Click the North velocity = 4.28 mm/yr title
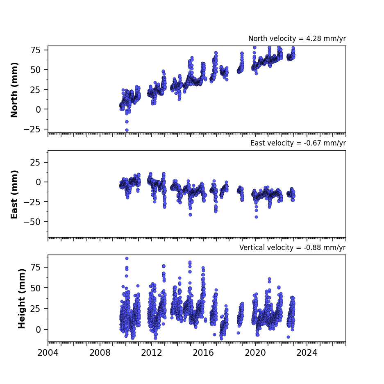pyautogui.click(x=297, y=39)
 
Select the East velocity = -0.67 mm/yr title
pyautogui.click(x=298, y=143)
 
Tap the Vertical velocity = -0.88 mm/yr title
pyautogui.click(x=293, y=248)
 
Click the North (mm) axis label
pyautogui.click(x=14, y=90)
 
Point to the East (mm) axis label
pyautogui.click(x=14, y=194)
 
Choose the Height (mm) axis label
pyautogui.click(x=22, y=298)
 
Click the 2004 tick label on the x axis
pyautogui.click(x=48, y=353)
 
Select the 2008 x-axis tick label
pyautogui.click(x=100, y=353)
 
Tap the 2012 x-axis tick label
pyautogui.click(x=152, y=353)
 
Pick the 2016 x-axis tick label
pyautogui.click(x=203, y=353)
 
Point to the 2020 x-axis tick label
pyautogui.click(x=255, y=353)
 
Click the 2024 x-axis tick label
pyautogui.click(x=307, y=353)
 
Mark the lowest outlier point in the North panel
pyautogui.click(x=127, y=130)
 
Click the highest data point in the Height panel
pyautogui.click(x=127, y=258)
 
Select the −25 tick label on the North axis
pyautogui.click(x=32, y=130)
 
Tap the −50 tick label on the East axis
pyautogui.click(x=32, y=222)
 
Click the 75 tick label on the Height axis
pyautogui.click(x=36, y=267)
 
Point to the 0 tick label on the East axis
pyautogui.click(x=38, y=182)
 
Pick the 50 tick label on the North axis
pyautogui.click(x=36, y=70)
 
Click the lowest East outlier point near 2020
pyautogui.click(x=256, y=217)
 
